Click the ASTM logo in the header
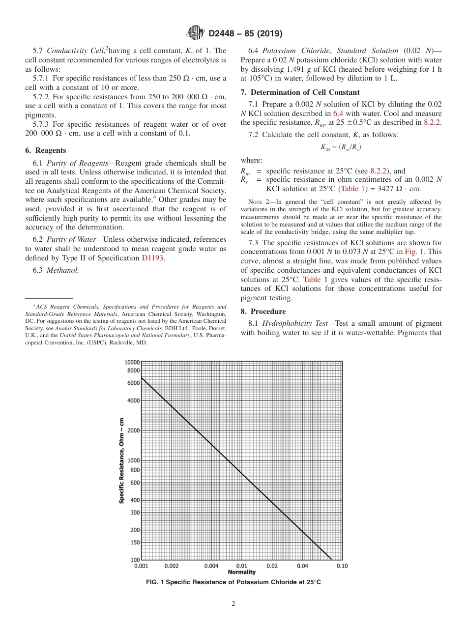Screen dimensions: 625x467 click(x=196, y=33)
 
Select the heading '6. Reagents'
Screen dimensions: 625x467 click(x=45, y=150)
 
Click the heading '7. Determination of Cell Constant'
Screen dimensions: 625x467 click(x=300, y=92)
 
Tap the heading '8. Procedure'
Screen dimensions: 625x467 click(x=263, y=312)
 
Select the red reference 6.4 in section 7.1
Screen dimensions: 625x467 click(x=338, y=113)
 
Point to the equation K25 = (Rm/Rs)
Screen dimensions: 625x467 click(x=341, y=146)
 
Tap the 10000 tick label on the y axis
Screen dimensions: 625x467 click(x=133, y=362)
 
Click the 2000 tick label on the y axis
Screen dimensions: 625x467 click(x=134, y=430)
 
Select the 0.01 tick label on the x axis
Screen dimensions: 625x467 click(x=241, y=566)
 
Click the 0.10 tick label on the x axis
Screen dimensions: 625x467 click(x=342, y=566)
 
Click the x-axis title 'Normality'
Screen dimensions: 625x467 click(x=241, y=572)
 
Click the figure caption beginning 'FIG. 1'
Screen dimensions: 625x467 click(x=233, y=582)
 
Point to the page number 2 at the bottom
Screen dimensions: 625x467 click(x=233, y=604)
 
